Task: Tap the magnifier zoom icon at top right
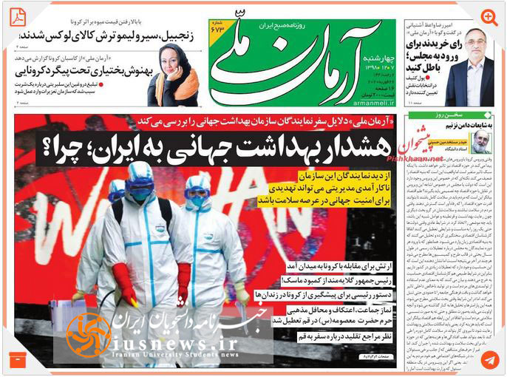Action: [489, 17]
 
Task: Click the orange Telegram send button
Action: [489, 360]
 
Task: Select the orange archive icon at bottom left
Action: [17, 360]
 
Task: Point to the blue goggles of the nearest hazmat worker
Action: [140, 194]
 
